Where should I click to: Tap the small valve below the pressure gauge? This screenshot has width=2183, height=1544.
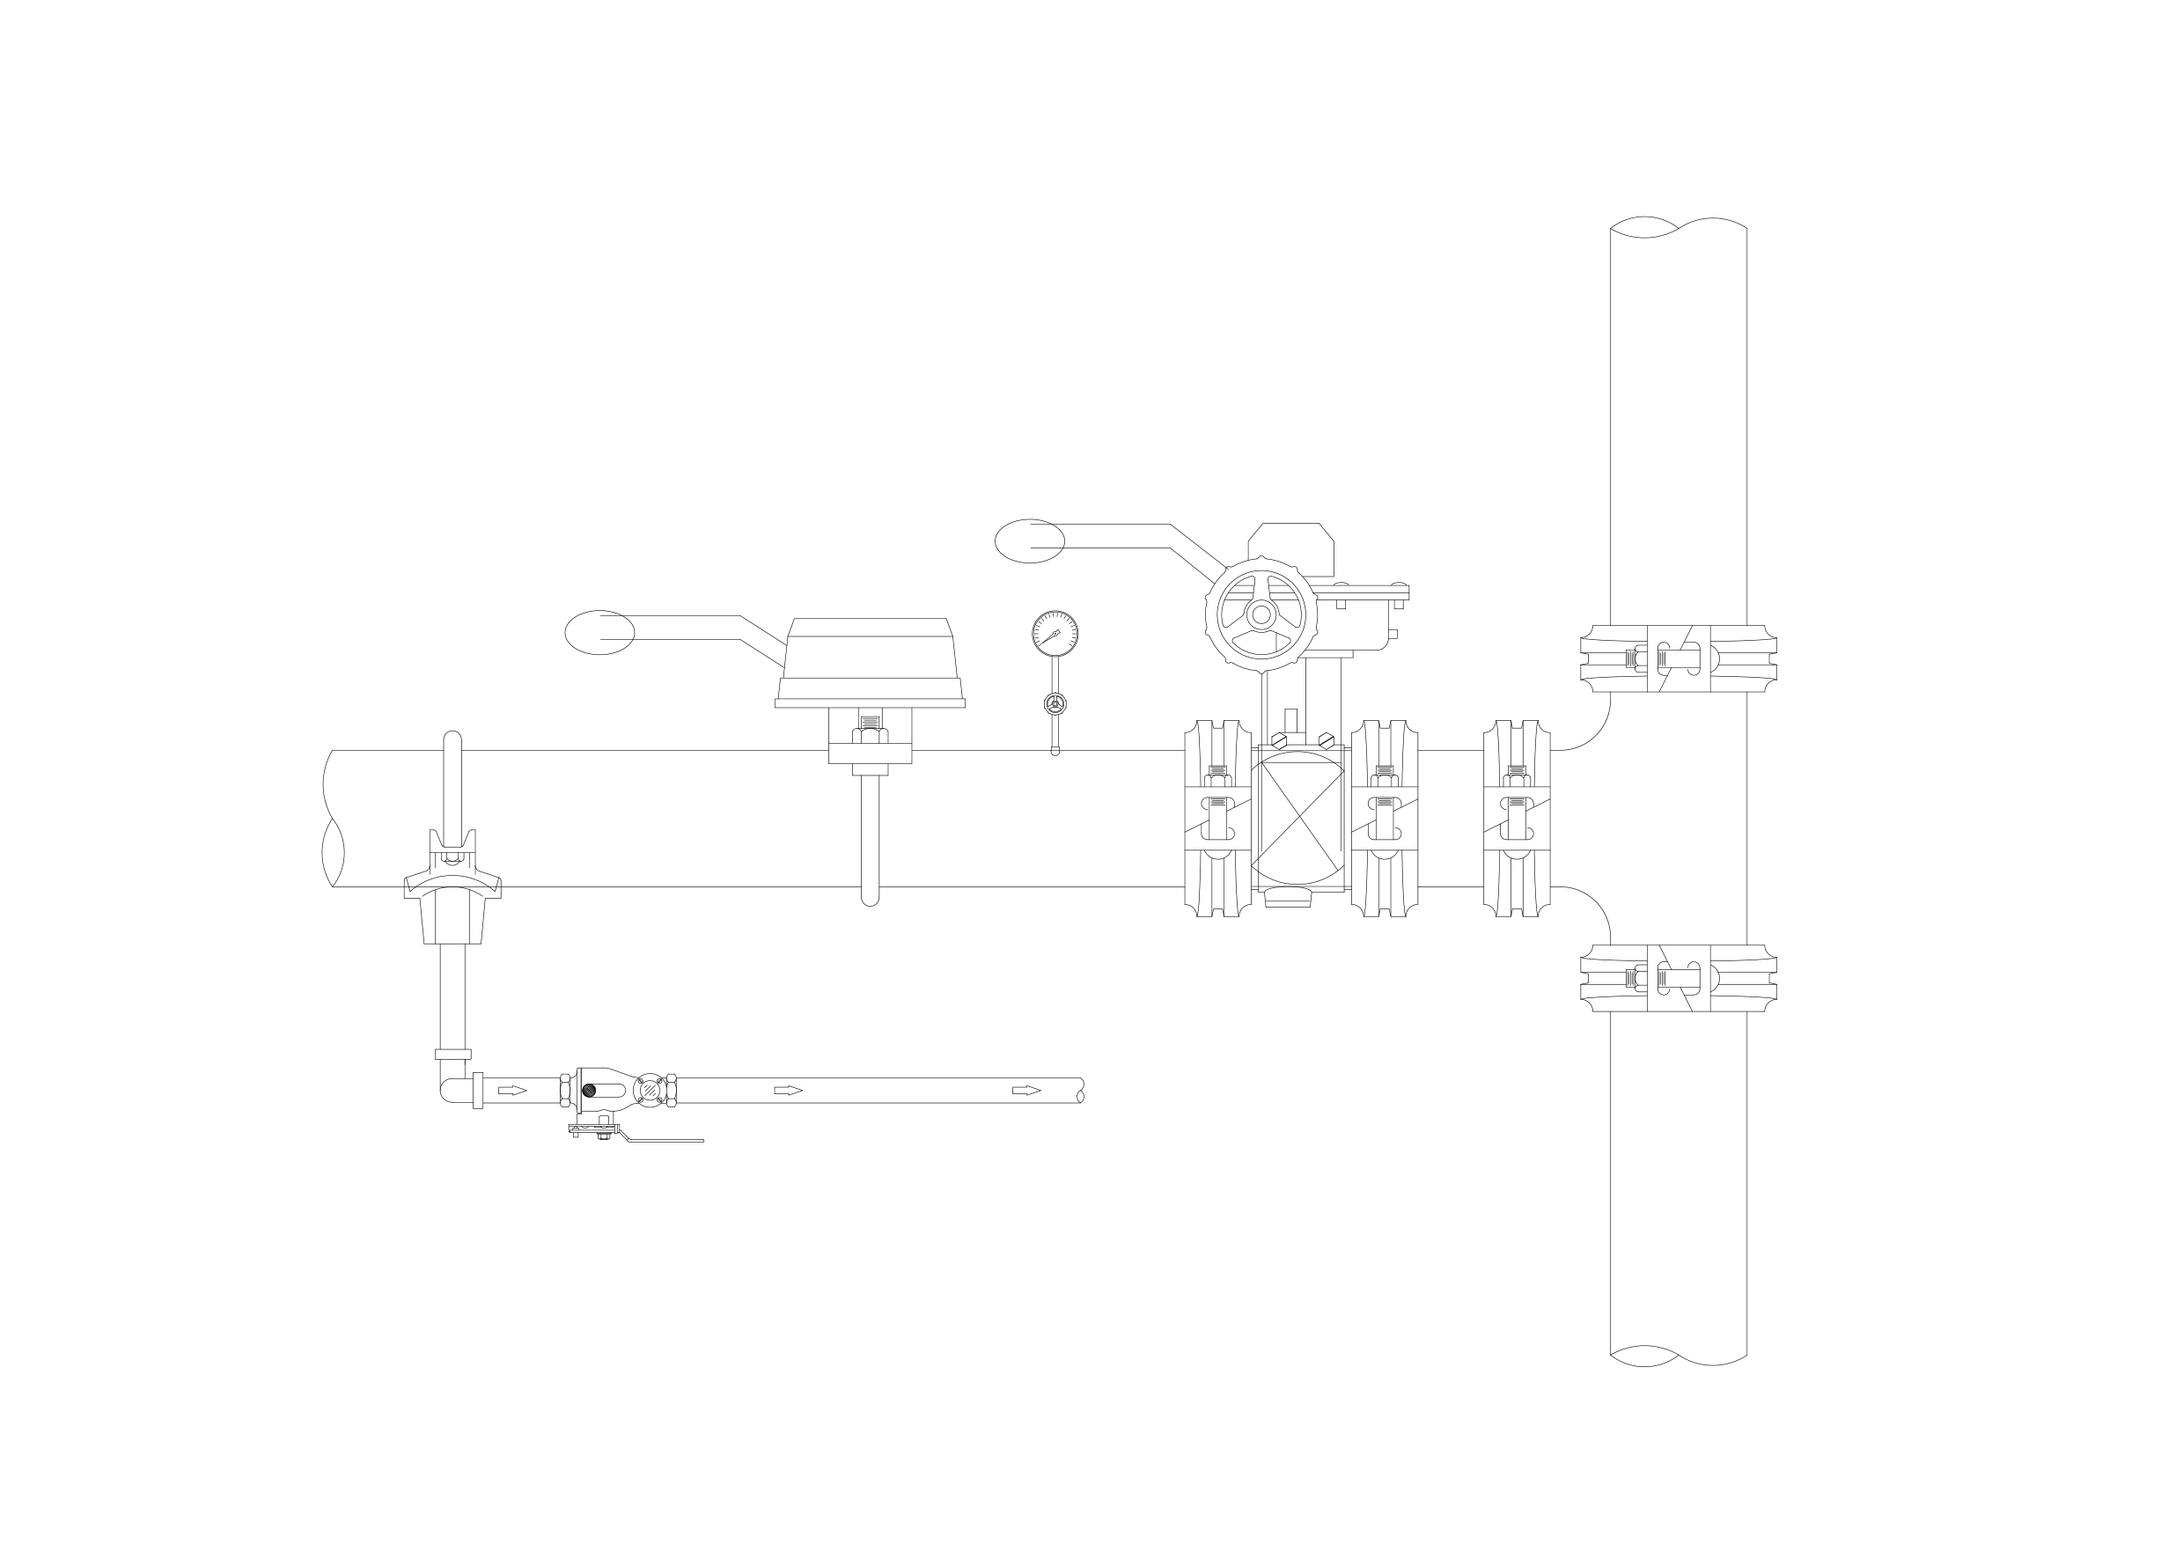click(x=1055, y=703)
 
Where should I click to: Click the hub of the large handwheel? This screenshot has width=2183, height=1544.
click(x=1261, y=614)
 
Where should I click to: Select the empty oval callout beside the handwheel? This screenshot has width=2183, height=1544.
click(x=1029, y=541)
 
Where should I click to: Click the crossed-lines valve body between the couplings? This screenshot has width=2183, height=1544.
click(x=1297, y=818)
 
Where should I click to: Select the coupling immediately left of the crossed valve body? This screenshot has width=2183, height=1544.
click(x=1217, y=818)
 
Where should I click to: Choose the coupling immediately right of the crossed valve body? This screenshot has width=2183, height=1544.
click(x=1384, y=818)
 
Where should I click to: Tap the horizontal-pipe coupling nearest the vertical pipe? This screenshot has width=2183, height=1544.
click(x=1517, y=818)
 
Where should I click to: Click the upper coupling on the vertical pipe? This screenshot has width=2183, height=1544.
click(x=1678, y=658)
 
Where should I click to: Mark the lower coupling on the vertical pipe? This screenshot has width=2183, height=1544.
click(x=1678, y=977)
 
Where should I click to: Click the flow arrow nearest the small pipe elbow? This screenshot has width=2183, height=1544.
click(x=511, y=1091)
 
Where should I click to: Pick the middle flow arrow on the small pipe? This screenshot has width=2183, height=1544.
click(x=788, y=1091)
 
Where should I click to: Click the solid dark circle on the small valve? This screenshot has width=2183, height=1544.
click(x=589, y=1091)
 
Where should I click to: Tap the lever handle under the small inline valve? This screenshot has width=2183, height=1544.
click(x=656, y=1138)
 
